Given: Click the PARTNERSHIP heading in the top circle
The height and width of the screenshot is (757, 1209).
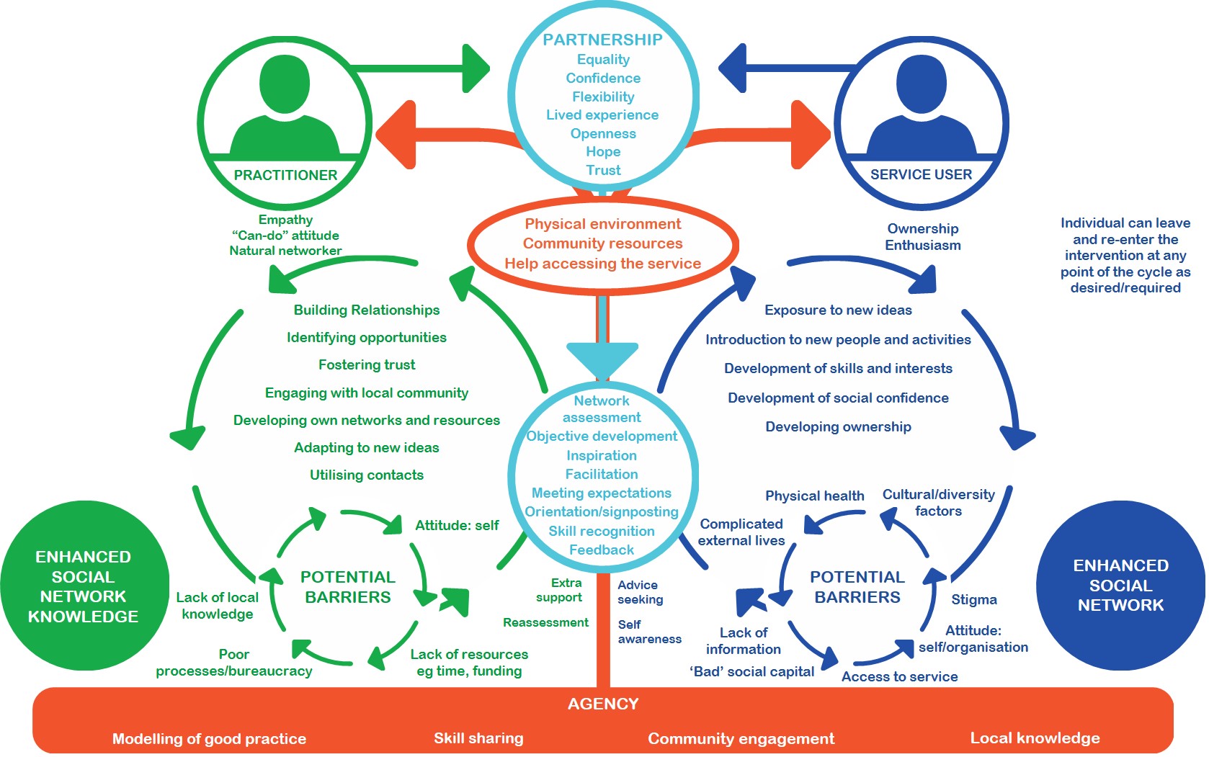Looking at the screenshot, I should (x=602, y=40).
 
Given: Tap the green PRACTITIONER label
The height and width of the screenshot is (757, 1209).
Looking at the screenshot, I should (x=285, y=175).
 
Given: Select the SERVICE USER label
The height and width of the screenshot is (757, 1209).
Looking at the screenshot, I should (x=921, y=174).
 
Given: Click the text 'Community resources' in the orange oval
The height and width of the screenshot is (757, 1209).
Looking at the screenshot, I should (x=602, y=243).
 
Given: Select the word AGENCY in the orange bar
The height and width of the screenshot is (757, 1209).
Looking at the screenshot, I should (x=603, y=704).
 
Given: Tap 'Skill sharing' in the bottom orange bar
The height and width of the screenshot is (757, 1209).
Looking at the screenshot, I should (x=478, y=738).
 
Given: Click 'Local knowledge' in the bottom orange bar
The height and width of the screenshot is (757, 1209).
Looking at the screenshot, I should (x=1035, y=738).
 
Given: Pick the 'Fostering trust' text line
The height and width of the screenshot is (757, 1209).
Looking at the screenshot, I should (x=367, y=365).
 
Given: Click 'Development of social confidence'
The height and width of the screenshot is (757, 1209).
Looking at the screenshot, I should (x=838, y=398).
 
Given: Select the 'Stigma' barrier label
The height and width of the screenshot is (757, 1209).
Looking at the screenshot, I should (x=974, y=599).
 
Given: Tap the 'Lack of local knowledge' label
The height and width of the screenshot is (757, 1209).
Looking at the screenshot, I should (x=217, y=606).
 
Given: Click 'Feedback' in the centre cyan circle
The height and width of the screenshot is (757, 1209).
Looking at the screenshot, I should (x=602, y=550).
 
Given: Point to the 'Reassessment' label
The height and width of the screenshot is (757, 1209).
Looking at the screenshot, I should (x=545, y=622).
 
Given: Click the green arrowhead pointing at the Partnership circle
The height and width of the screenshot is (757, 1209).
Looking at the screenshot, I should (x=476, y=68).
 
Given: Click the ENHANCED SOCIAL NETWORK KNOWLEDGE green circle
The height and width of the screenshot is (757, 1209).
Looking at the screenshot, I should (x=84, y=586).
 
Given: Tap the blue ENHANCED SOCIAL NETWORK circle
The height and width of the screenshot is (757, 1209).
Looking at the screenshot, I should (x=1120, y=586).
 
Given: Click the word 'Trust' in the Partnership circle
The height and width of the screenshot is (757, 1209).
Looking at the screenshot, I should (x=603, y=170).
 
